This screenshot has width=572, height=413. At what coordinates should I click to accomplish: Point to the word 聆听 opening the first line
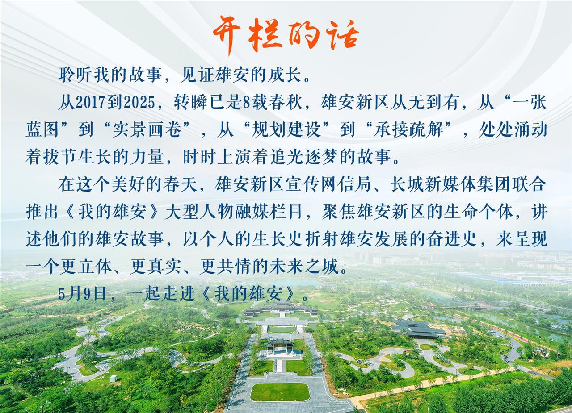76,75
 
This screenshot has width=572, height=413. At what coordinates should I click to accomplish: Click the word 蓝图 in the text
42,130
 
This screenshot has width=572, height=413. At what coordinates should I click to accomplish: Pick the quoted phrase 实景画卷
147,130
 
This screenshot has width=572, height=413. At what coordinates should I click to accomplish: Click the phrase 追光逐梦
304,157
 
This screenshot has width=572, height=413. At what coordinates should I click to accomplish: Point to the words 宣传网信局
327,185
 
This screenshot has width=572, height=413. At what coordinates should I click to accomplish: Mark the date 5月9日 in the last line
82,294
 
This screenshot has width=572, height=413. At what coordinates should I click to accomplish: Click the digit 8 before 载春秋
246,103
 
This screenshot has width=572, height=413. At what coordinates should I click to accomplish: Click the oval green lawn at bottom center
280,392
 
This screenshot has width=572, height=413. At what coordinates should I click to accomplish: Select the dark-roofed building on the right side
419,329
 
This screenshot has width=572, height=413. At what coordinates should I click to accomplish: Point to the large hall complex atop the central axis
281,309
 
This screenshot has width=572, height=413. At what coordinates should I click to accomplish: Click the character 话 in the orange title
342,36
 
